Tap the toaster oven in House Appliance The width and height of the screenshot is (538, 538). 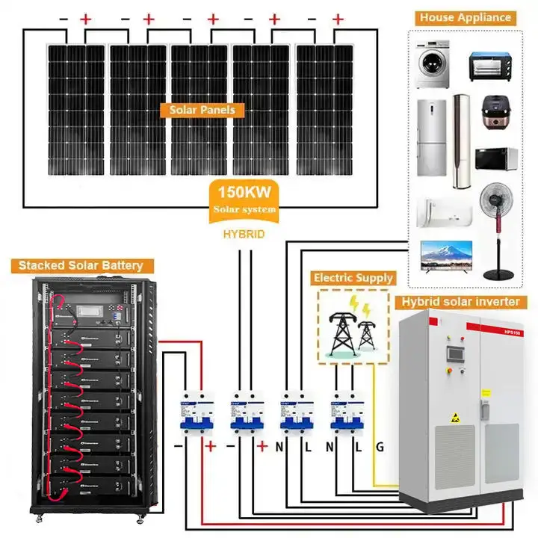click(489, 66)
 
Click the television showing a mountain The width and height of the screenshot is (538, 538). click(445, 254)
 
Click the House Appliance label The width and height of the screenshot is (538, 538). click(465, 17)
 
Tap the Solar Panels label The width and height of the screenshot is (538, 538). click(202, 110)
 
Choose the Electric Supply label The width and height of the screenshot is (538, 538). click(353, 278)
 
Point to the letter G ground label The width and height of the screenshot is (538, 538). click(379, 448)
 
